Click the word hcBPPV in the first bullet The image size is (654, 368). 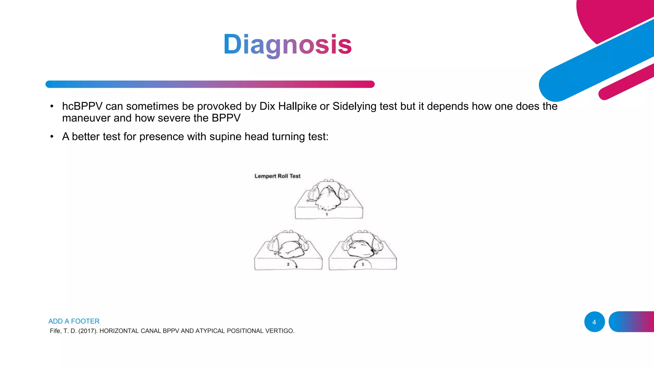click(x=82, y=106)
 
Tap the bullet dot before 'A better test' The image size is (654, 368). click(x=52, y=137)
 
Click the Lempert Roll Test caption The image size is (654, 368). click(x=277, y=176)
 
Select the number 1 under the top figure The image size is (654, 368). click(x=327, y=215)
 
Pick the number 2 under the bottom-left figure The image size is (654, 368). click(x=288, y=264)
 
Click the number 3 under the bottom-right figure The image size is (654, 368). click(x=363, y=264)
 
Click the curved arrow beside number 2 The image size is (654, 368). click(x=295, y=264)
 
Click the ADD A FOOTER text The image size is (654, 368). click(x=74, y=321)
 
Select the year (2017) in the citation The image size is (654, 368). click(x=88, y=331)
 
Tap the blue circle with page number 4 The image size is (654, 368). click(x=594, y=322)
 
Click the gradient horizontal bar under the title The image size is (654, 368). click(x=210, y=84)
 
